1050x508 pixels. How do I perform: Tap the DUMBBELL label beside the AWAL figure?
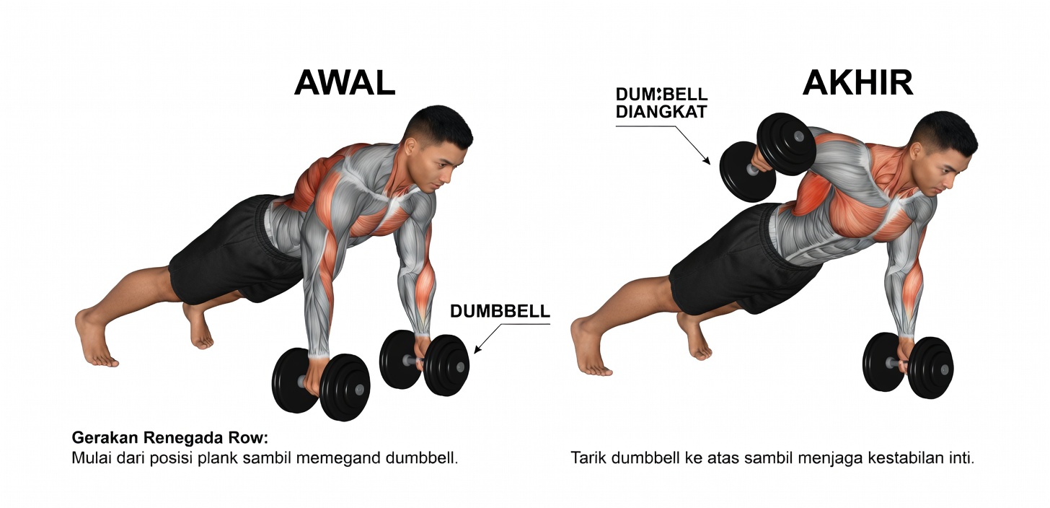click(500, 311)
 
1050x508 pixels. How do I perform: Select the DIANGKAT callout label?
click(661, 112)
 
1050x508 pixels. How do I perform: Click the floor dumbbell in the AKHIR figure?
click(908, 366)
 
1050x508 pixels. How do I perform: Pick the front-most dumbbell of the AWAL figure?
click(321, 383)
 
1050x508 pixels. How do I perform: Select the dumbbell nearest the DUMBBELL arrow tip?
click(424, 362)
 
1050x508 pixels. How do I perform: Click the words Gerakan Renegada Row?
click(169, 437)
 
